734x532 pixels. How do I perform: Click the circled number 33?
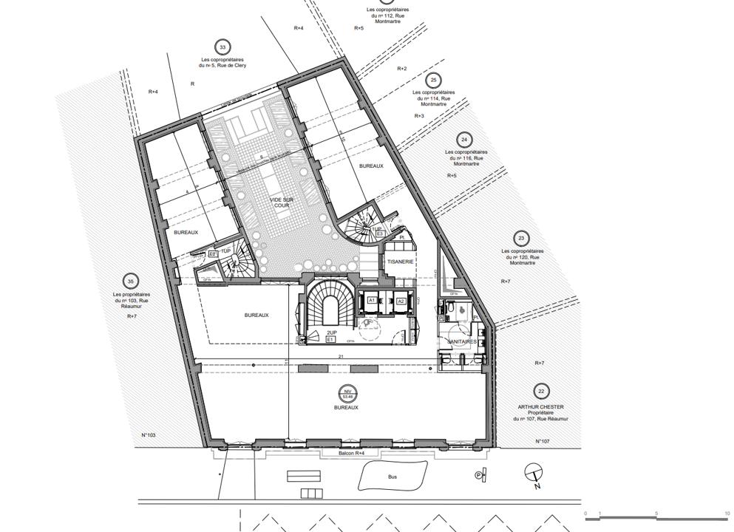220,47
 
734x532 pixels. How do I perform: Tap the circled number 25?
433,80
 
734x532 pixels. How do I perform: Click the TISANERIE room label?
398,262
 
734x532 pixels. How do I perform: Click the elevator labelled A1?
372,301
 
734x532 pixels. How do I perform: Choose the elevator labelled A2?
401,301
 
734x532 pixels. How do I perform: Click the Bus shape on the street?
392,476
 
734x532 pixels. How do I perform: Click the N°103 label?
148,435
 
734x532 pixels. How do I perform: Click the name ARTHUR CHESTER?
541,407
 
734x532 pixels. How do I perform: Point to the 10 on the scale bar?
727,514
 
